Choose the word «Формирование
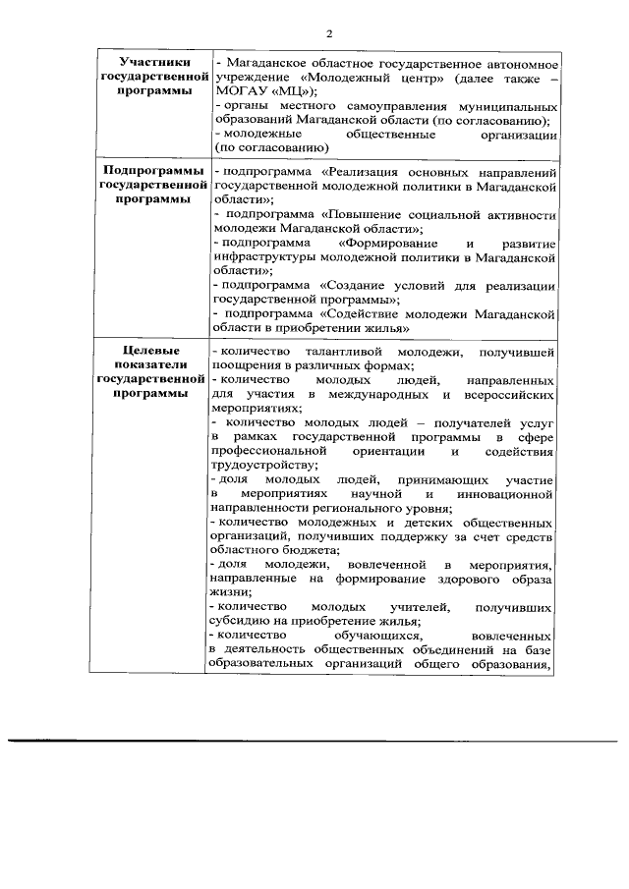(387, 241)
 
